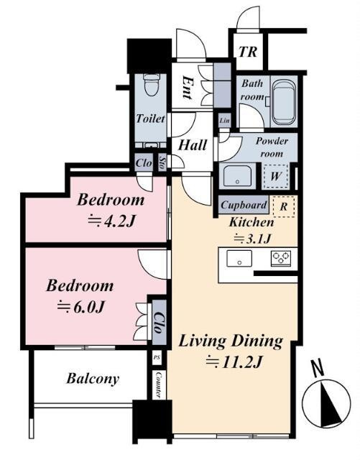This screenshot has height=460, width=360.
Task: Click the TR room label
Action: point(248,52)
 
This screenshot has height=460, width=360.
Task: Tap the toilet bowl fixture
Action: point(152,84)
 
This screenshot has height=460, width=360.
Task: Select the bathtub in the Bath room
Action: point(283,102)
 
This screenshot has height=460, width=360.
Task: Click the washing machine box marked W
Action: point(275,176)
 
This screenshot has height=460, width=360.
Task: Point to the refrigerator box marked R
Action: point(283,206)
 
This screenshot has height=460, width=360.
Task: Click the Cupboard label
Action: point(244,205)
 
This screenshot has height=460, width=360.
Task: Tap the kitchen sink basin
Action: point(239,258)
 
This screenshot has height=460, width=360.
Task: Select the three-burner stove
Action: point(281,258)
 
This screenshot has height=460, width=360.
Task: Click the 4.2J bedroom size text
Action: point(111,221)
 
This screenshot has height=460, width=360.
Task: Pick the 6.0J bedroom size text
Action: point(80,307)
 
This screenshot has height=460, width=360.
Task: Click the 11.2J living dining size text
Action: point(234,362)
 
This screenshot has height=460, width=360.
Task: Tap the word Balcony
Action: point(93,379)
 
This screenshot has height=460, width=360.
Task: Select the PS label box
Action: point(157,358)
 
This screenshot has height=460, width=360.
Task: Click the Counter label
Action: point(159,385)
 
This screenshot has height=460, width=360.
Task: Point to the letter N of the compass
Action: point(318,369)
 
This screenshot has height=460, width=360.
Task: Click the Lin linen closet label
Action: point(224,120)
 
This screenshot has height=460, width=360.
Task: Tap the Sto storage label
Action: point(162,162)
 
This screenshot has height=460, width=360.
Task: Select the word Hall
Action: point(193,145)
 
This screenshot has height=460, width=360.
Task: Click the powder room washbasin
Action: point(237,176)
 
